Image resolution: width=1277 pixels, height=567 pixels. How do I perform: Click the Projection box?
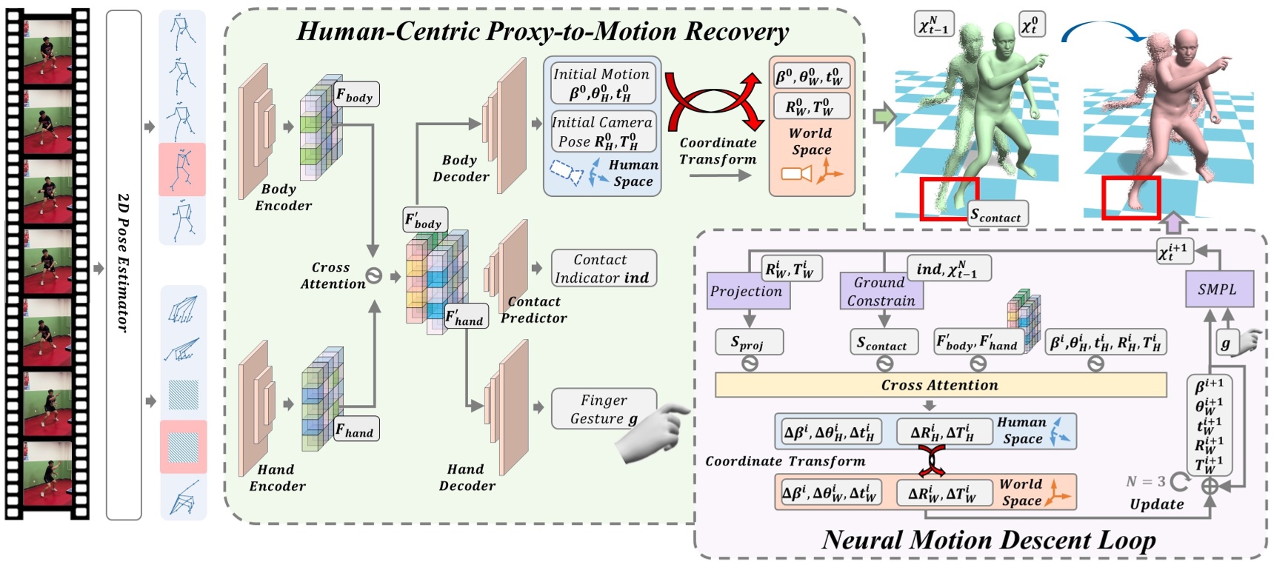click(x=747, y=291)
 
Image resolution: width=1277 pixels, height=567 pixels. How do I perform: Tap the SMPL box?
click(x=1217, y=289)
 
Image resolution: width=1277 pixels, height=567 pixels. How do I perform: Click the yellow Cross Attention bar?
click(x=940, y=385)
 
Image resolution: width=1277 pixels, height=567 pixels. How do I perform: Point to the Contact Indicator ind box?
click(x=603, y=269)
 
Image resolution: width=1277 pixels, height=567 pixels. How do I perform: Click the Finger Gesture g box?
click(x=603, y=409)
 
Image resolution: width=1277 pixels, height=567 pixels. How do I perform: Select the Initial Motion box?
click(x=602, y=84)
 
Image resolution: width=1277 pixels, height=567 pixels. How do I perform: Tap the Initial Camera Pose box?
click(x=602, y=132)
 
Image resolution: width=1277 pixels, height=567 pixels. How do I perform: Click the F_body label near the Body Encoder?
click(x=356, y=95)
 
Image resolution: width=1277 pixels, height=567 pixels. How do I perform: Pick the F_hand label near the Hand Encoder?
click(x=356, y=429)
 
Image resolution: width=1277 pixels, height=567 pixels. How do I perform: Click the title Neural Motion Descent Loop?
click(x=988, y=540)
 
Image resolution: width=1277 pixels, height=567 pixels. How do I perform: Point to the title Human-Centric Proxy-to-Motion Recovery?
click(x=543, y=31)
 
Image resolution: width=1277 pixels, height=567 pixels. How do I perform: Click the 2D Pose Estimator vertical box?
click(x=124, y=264)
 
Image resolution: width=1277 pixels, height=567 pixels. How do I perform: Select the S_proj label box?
click(x=748, y=342)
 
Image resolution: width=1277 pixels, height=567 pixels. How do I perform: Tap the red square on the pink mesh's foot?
click(x=1130, y=198)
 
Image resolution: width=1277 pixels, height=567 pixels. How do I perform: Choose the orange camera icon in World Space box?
click(x=796, y=174)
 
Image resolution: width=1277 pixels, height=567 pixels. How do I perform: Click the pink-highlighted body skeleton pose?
click(x=182, y=169)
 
